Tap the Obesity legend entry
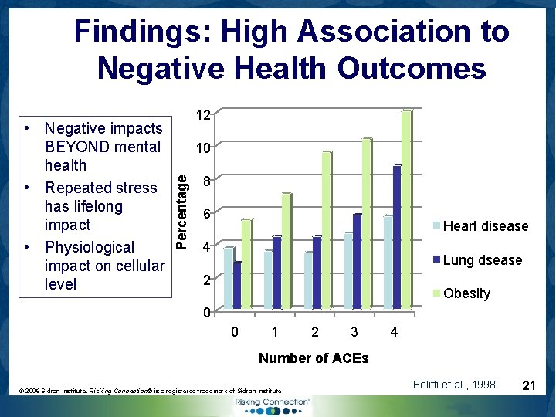[x=466, y=293]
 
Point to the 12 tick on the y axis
[x=202, y=114]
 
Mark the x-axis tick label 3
[x=354, y=333]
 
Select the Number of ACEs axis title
[x=314, y=358]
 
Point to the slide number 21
[x=530, y=385]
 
